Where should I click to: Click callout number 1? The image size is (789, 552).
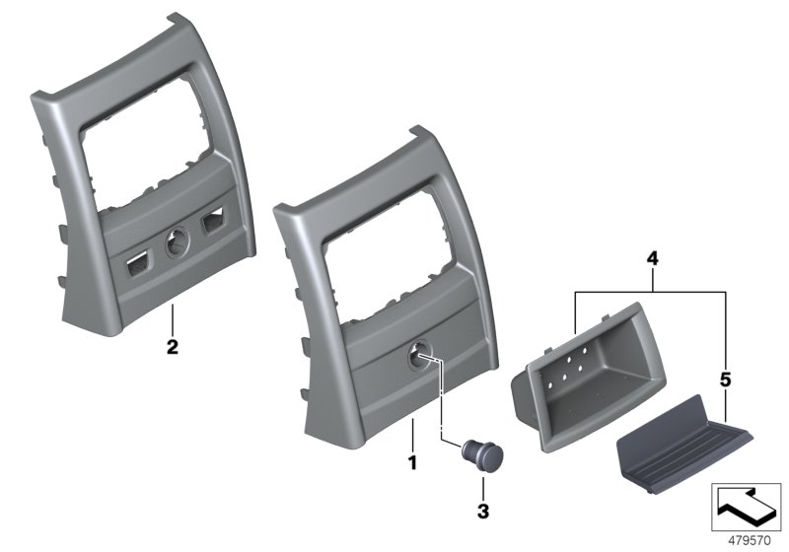[413, 460]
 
